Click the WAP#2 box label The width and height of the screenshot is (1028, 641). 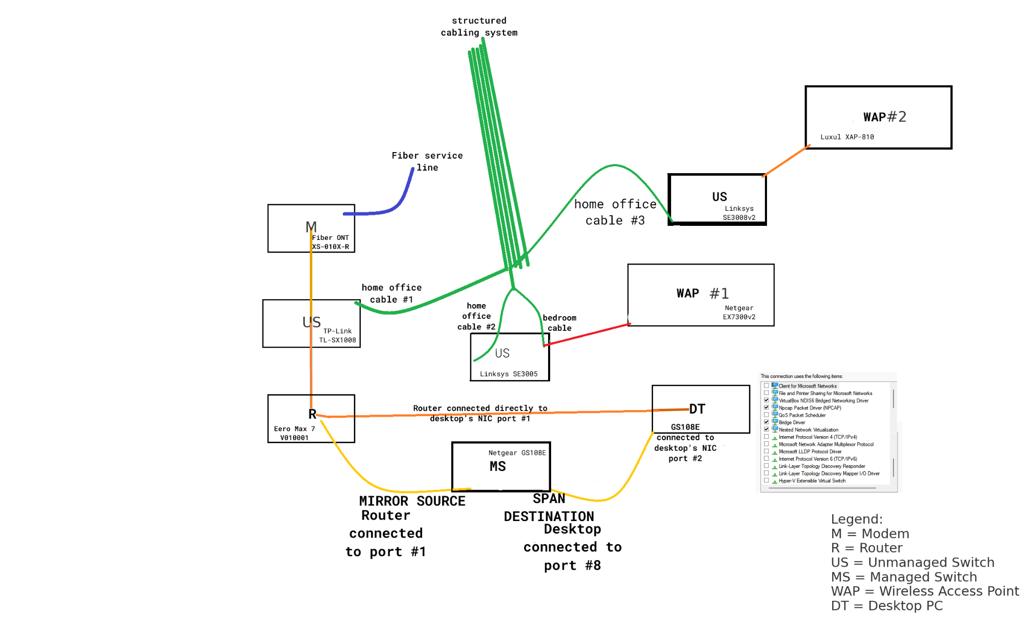[884, 117]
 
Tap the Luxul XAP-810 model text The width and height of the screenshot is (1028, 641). [847, 137]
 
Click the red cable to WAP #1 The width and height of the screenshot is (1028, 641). [587, 334]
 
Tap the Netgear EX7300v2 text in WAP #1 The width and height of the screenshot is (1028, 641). [739, 312]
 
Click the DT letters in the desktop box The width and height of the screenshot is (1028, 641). [697, 409]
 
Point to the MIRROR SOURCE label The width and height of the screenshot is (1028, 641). [412, 501]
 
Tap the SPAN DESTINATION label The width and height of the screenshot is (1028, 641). [549, 507]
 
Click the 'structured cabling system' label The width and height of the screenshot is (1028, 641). [479, 27]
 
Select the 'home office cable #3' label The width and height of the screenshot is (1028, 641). [615, 212]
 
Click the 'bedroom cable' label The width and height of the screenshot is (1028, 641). [559, 323]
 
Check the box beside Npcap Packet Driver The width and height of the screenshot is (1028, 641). [766, 408]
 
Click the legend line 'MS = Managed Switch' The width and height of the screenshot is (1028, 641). [904, 577]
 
